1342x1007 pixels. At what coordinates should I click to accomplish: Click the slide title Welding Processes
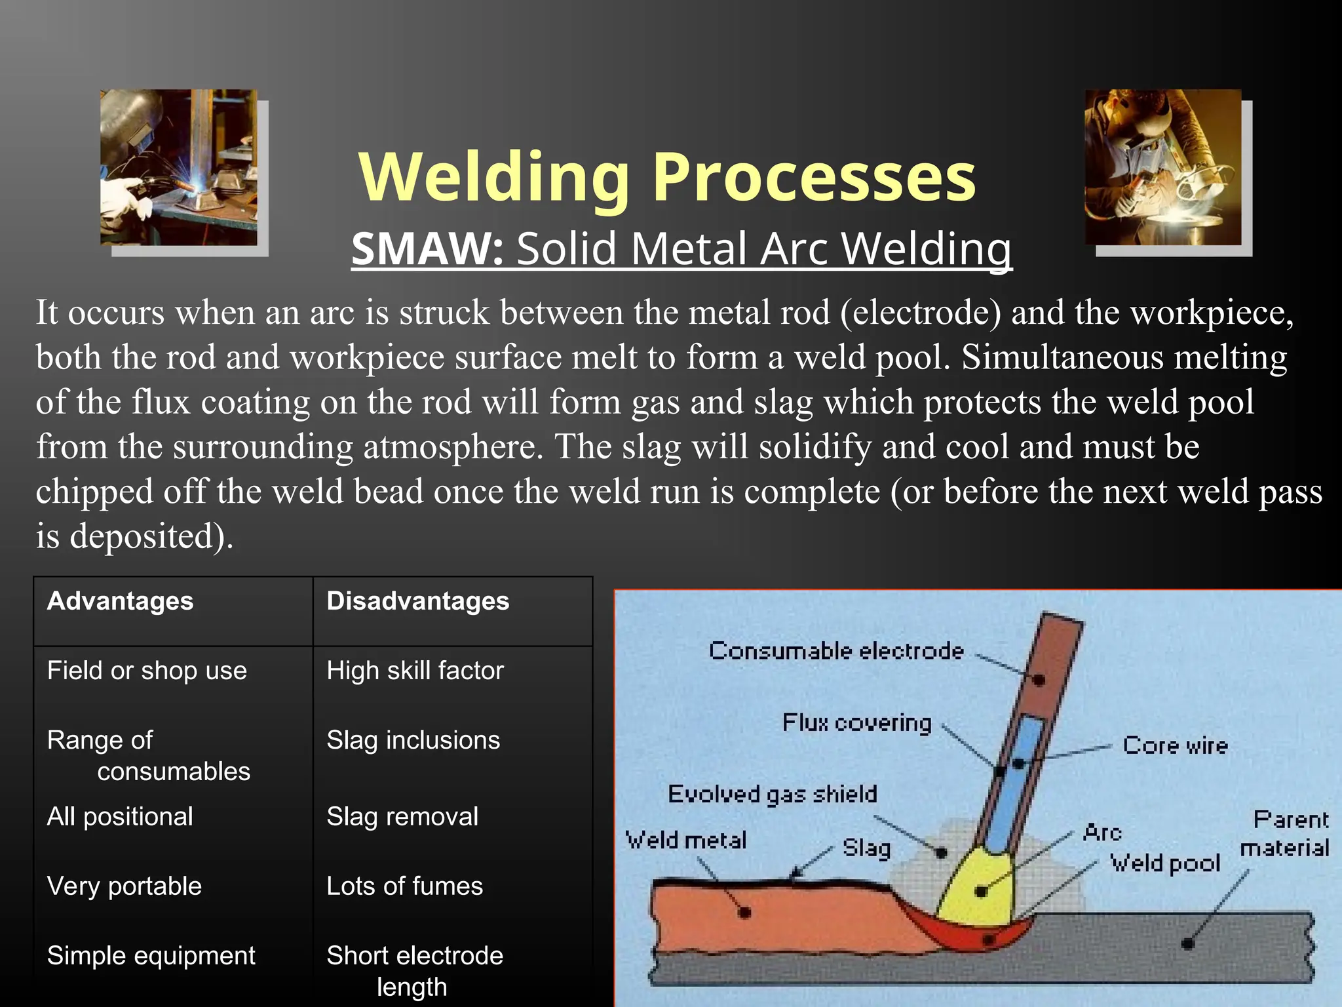click(667, 177)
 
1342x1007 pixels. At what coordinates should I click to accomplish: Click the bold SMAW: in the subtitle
click(427, 250)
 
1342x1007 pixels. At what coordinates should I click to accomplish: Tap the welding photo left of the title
click(178, 168)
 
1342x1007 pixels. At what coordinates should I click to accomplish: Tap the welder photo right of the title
click(1163, 167)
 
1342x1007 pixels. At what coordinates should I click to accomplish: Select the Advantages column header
click(121, 601)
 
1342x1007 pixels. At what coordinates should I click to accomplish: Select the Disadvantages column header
click(418, 601)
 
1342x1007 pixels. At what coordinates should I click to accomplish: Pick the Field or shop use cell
click(147, 671)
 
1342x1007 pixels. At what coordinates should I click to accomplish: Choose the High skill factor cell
click(415, 671)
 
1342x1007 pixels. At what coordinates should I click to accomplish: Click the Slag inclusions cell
click(413, 740)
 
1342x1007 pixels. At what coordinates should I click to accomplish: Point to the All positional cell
click(120, 817)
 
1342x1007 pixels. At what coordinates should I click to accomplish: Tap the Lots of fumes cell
click(404, 886)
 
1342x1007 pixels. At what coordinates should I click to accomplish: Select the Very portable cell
click(125, 886)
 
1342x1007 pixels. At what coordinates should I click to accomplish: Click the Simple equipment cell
click(151, 956)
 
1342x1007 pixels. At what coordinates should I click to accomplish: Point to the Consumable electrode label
click(836, 651)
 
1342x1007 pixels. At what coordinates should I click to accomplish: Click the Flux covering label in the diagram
click(856, 722)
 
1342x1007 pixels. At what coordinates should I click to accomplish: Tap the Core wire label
click(1175, 745)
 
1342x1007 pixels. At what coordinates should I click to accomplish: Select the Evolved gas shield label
click(772, 794)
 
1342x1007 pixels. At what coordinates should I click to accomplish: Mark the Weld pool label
click(1164, 863)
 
